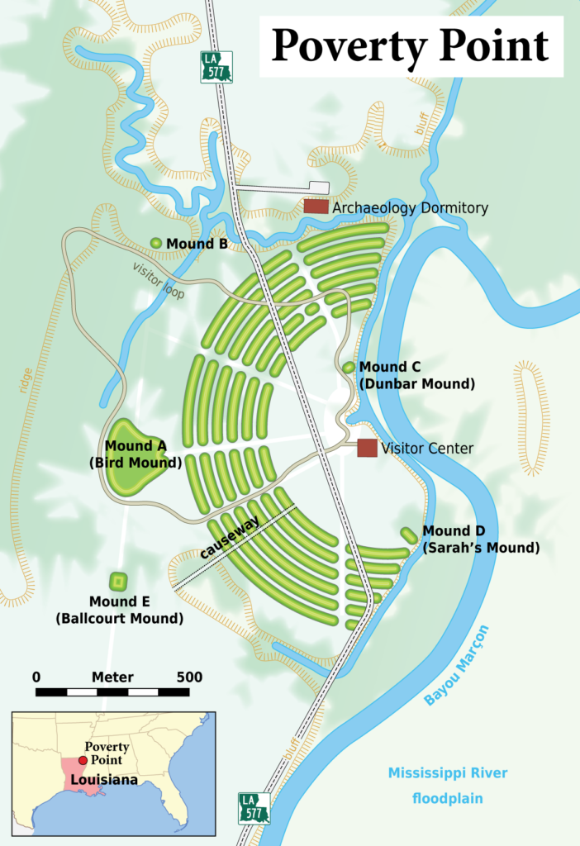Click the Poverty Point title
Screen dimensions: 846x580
[410, 45]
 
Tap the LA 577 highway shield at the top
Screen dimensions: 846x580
[216, 67]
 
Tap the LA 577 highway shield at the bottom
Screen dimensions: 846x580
[254, 808]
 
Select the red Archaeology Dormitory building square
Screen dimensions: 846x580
[316, 207]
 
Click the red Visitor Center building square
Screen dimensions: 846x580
[367, 448]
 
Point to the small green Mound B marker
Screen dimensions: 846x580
[156, 243]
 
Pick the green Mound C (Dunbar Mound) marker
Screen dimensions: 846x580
[349, 367]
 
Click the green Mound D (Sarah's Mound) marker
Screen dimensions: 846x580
[409, 535]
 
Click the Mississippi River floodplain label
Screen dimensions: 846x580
[448, 786]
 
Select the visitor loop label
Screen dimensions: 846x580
[159, 281]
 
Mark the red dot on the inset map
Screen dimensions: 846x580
[83, 761]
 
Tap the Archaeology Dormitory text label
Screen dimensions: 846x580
[410, 208]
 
